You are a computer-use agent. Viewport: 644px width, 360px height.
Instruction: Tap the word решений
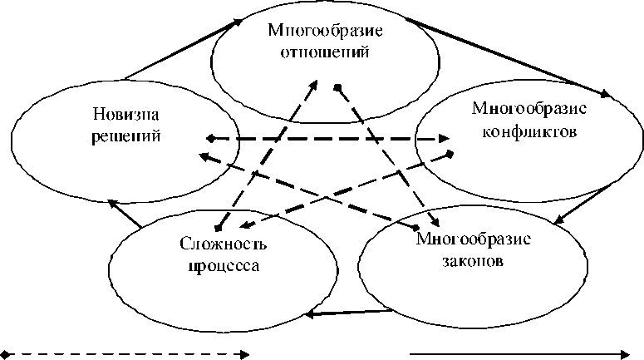click(x=125, y=136)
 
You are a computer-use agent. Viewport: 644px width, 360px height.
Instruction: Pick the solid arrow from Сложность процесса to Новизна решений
click(x=125, y=213)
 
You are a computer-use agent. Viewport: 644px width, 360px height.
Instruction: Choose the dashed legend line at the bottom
click(x=125, y=354)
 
